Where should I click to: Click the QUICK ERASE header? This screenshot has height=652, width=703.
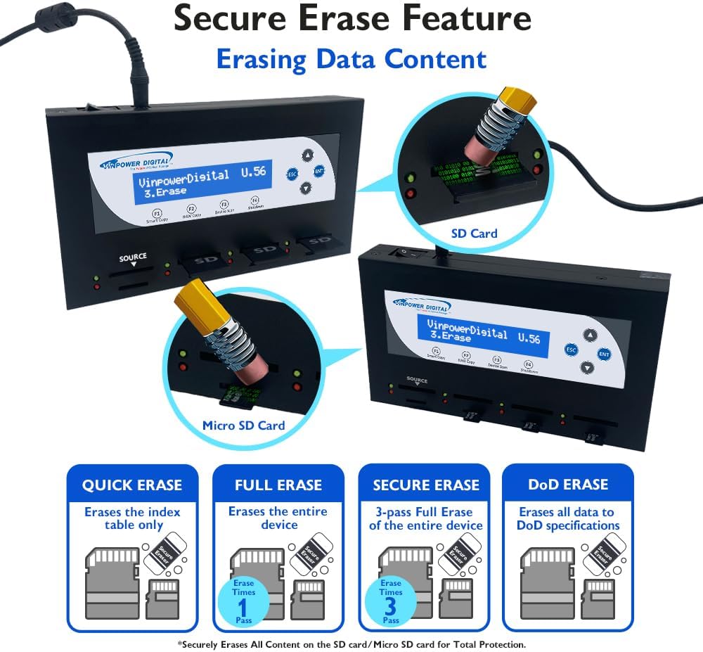132,485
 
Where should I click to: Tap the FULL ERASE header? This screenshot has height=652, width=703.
278,485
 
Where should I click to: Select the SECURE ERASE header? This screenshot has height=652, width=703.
426,485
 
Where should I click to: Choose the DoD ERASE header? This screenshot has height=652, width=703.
568,485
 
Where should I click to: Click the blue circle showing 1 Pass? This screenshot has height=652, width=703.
244,599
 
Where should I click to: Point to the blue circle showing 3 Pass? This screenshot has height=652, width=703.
391,599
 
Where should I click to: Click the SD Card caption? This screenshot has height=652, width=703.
474,234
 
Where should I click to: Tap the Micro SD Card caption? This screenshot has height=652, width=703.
244,425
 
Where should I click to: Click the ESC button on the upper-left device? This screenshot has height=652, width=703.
292,174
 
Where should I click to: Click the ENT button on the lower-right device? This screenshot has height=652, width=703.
604,354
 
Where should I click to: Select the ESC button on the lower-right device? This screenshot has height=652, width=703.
572,349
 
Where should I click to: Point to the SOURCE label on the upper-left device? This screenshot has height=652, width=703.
133,257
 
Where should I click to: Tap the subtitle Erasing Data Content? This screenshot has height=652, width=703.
351,59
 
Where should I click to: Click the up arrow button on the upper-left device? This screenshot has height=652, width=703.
307,155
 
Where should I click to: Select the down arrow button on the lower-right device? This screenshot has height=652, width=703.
587,368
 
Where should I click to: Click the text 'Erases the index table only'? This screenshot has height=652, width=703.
132,518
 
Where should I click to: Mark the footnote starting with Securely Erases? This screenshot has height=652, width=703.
351,644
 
